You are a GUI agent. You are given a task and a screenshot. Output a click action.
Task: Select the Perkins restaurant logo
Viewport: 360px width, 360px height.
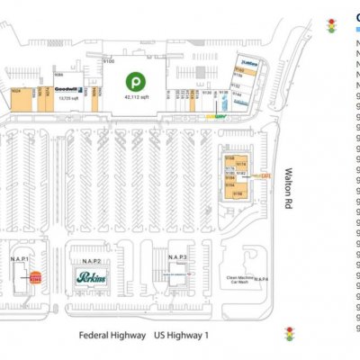click(91, 278)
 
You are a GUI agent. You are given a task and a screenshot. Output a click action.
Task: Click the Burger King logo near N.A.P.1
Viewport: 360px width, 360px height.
click(36, 279)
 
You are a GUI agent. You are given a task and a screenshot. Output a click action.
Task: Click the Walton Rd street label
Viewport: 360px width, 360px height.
click(291, 184)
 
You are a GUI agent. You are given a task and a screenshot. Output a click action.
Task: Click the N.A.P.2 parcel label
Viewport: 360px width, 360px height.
click(91, 260)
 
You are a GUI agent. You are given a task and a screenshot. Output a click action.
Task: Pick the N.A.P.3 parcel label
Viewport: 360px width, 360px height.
click(164, 256)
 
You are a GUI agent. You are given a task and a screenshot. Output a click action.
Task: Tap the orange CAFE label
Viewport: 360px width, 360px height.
click(265, 176)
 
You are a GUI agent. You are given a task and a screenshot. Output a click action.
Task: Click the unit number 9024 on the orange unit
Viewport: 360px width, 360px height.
click(16, 92)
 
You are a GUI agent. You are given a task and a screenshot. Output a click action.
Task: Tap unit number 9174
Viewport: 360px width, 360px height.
click(240, 163)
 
